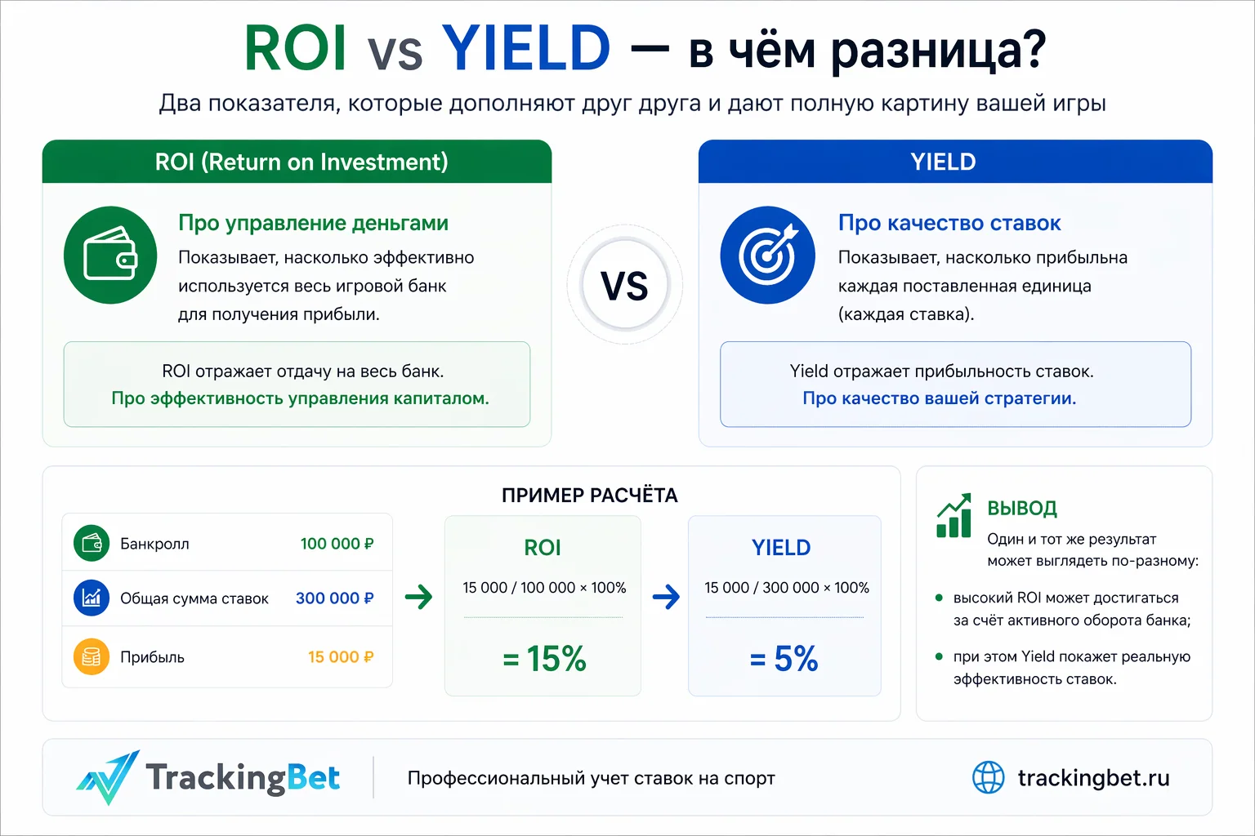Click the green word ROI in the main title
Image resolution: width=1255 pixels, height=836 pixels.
click(295, 48)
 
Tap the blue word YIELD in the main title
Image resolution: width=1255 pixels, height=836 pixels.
click(526, 48)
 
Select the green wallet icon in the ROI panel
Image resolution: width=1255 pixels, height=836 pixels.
click(110, 255)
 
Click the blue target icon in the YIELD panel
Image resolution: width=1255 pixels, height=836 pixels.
click(767, 255)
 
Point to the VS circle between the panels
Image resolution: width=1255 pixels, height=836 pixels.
click(625, 286)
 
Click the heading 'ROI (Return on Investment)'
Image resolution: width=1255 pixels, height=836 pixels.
click(301, 162)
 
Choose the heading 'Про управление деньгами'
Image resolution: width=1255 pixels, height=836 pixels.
click(313, 223)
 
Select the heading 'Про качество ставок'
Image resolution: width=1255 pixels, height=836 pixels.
click(949, 223)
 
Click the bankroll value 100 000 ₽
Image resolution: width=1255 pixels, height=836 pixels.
click(337, 544)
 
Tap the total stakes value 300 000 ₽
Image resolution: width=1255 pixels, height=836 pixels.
click(334, 598)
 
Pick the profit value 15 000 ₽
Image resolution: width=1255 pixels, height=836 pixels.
click(341, 657)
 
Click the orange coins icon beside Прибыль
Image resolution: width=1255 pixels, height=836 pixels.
click(92, 657)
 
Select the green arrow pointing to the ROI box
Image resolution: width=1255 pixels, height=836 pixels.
click(419, 597)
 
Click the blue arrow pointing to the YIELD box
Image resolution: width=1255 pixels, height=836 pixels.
click(666, 597)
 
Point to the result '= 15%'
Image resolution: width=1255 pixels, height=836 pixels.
click(544, 659)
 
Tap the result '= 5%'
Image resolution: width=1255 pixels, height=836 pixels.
click(784, 659)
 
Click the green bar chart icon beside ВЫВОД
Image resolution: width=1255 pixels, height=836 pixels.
click(954, 516)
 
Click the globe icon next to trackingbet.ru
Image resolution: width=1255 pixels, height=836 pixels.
click(988, 777)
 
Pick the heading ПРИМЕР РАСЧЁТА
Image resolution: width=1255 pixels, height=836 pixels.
click(589, 496)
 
